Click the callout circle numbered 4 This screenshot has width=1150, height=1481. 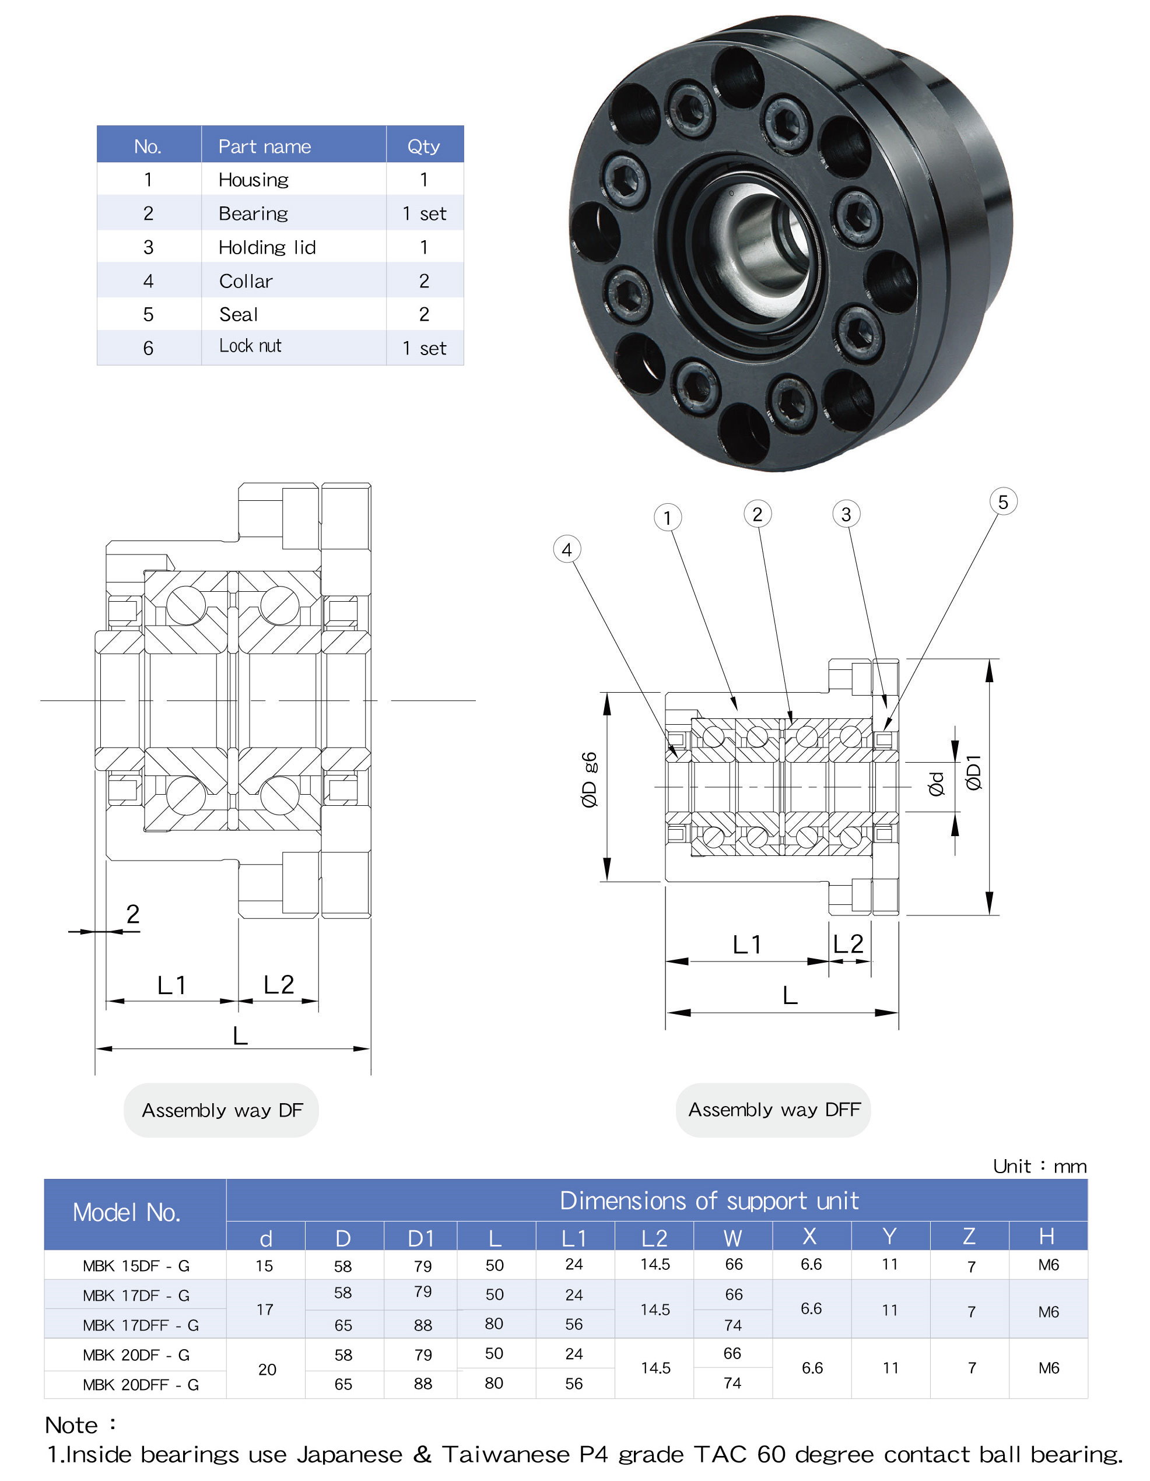[567, 549]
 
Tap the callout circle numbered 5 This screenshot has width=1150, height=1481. [1003, 502]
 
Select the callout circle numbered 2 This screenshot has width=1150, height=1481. [758, 514]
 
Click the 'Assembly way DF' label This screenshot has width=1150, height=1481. [221, 1110]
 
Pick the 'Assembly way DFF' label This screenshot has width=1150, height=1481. [774, 1110]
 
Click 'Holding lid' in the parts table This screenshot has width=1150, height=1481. [267, 247]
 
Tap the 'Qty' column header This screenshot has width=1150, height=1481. [424, 146]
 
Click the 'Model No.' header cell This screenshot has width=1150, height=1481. [127, 1212]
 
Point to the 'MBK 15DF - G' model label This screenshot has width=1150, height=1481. [136, 1266]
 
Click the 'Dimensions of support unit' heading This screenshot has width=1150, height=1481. [709, 1201]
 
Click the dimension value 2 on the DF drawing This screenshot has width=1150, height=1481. [133, 914]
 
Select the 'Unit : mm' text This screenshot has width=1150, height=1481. [1039, 1166]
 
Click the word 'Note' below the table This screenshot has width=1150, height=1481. [72, 1426]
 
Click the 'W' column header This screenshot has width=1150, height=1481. [732, 1238]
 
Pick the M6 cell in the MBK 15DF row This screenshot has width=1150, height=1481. [1049, 1265]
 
